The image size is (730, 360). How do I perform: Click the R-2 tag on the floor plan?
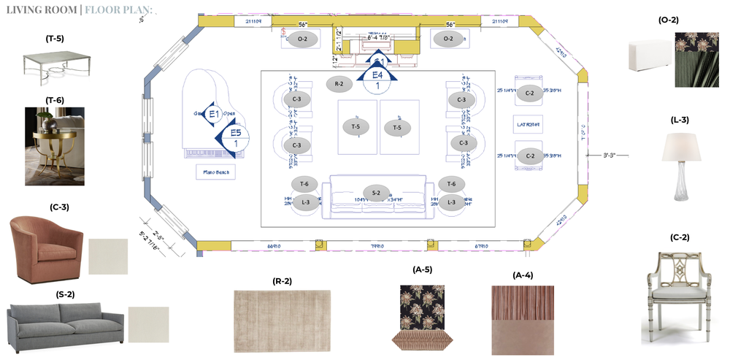click(339, 84)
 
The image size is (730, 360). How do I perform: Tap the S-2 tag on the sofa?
click(375, 194)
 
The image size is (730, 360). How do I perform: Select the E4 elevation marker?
click(377, 74)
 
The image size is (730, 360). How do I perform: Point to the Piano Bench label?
click(215, 172)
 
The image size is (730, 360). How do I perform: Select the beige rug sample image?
click(282, 314)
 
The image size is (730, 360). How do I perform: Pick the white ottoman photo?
click(650, 55)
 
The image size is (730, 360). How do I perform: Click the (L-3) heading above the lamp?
click(680, 120)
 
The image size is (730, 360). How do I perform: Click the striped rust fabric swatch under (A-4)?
click(523, 302)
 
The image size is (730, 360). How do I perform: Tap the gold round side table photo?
click(55, 146)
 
